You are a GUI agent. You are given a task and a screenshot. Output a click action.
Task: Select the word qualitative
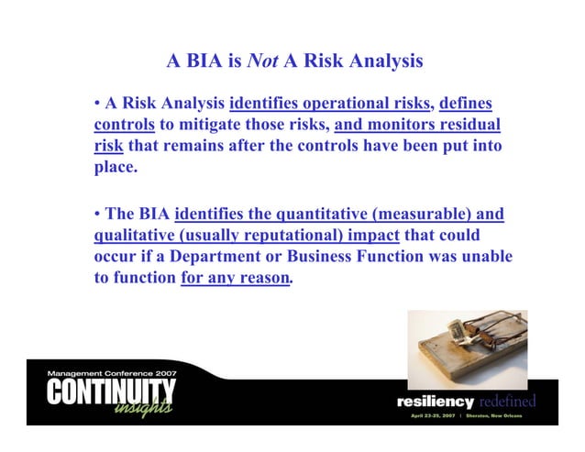[x=138, y=237]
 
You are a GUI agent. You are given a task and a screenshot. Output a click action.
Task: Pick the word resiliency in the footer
[x=435, y=402]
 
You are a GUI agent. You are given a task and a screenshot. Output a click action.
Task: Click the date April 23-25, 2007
[x=436, y=415]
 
